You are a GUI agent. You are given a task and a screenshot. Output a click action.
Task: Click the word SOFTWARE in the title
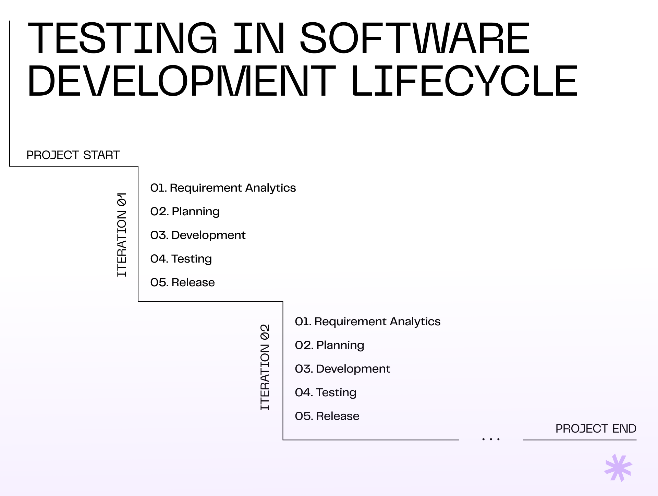[x=415, y=38]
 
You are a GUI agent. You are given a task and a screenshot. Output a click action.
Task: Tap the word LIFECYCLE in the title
[x=465, y=81]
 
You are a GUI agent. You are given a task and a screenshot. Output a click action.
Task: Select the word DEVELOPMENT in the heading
[x=182, y=81]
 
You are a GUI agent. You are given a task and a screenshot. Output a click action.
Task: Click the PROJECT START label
[x=73, y=155]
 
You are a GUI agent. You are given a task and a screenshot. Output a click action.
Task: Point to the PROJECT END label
[x=596, y=428]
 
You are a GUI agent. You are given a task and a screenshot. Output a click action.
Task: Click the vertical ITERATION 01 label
[x=122, y=235]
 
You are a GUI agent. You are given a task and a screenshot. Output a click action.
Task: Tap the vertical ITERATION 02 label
[x=265, y=367]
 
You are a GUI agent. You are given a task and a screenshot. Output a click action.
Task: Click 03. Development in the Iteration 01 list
[x=198, y=235]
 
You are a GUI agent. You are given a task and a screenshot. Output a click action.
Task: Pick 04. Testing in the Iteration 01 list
[x=181, y=259]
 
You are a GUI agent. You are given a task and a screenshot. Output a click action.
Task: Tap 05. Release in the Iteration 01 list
[x=183, y=282]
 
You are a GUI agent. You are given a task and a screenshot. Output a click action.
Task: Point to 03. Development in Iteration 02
[x=343, y=369]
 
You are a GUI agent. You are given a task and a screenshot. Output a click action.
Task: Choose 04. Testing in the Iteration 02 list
[x=326, y=393]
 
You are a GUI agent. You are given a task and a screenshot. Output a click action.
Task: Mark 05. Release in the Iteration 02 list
[x=327, y=416]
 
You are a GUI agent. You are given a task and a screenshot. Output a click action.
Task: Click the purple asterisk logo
[x=618, y=468]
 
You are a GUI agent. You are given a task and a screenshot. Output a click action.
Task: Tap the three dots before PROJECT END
[x=491, y=439]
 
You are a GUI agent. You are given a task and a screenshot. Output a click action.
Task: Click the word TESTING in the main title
[x=122, y=38]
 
